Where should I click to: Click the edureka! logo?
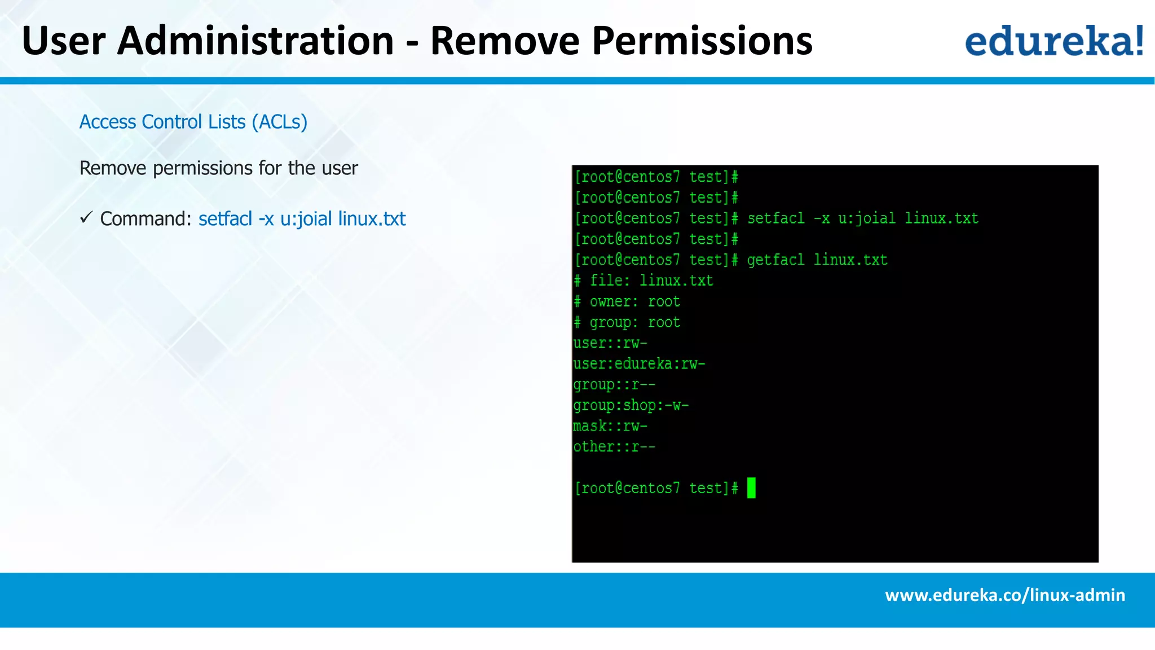[x=1053, y=41]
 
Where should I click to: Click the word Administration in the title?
[x=255, y=41]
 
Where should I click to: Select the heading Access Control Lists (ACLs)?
[x=193, y=122]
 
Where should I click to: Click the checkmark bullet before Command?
[x=86, y=217]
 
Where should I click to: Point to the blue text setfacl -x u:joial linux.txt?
[x=302, y=219]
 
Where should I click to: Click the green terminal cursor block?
[x=751, y=488]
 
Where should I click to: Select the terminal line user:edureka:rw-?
[x=639, y=364]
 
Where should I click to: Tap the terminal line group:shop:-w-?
[x=631, y=406]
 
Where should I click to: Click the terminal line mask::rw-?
[x=610, y=427]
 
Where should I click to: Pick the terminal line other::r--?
[x=614, y=447]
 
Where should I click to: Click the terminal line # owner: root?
[x=627, y=302]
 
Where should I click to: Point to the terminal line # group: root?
[x=627, y=323]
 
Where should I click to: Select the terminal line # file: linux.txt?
[x=643, y=281]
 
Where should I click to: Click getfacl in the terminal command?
[x=775, y=260]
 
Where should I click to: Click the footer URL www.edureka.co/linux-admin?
[x=1005, y=595]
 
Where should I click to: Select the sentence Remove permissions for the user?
[x=218, y=168]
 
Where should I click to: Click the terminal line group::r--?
[x=614, y=385]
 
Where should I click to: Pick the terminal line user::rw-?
[x=610, y=344]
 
